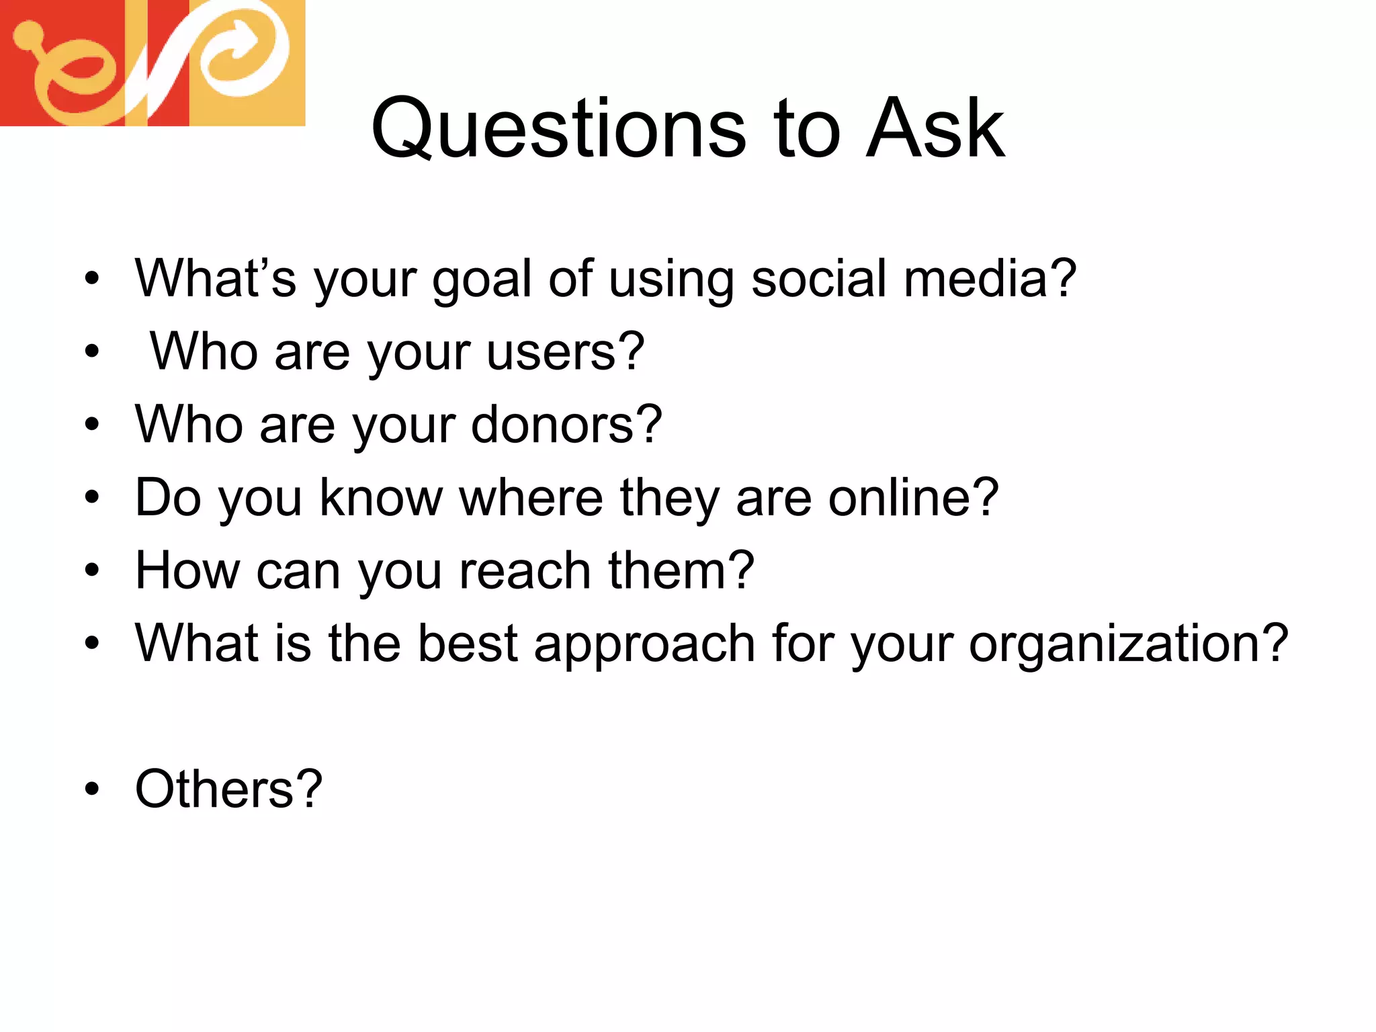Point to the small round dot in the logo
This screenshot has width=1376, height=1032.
tap(28, 35)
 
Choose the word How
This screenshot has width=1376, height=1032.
tap(187, 570)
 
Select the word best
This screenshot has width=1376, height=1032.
tap(467, 644)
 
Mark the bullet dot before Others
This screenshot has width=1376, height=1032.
tap(92, 789)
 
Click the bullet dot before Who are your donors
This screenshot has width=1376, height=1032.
tap(92, 425)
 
